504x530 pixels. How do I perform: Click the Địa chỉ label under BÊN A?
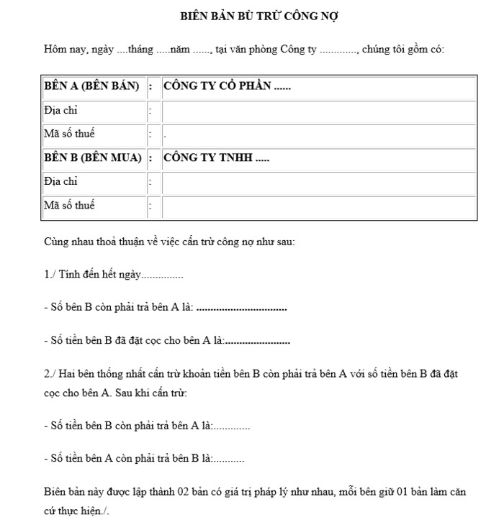click(x=60, y=111)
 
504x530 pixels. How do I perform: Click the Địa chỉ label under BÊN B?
click(x=60, y=182)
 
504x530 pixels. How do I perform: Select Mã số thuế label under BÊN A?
click(x=69, y=134)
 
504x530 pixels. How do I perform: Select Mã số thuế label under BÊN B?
click(x=69, y=206)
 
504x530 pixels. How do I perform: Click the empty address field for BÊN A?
click(x=318, y=111)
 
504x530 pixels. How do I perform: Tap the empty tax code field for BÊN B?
click(x=318, y=206)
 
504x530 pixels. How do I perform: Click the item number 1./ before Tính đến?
click(x=50, y=275)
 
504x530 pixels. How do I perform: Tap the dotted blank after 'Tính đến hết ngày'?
click(x=163, y=276)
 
